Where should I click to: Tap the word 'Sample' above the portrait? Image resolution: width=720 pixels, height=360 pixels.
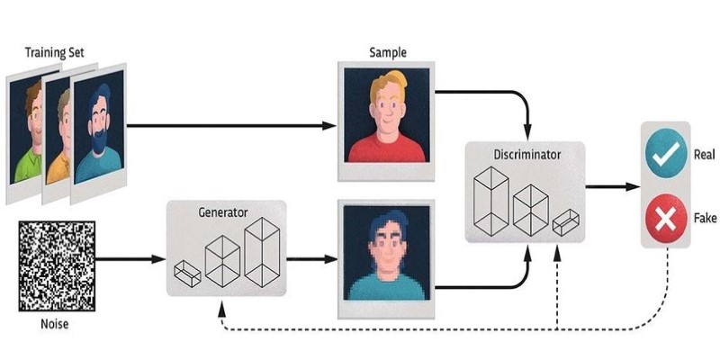click(388, 51)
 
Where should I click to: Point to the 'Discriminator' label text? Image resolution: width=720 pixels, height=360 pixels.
click(526, 155)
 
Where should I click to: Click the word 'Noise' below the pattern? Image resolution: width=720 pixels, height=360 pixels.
click(57, 324)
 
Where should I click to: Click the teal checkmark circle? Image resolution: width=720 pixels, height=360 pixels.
click(665, 156)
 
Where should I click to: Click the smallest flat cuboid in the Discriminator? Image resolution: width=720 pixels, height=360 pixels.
click(565, 221)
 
